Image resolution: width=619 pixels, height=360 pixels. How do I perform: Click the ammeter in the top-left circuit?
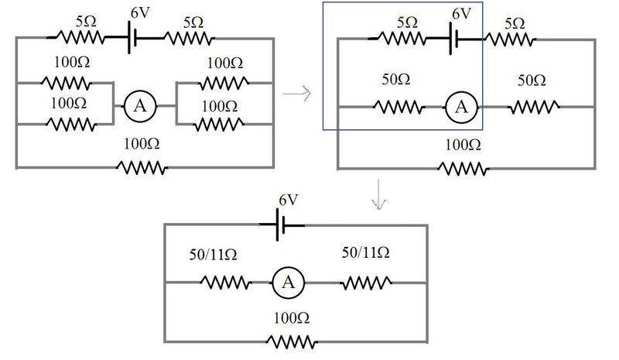click(140, 108)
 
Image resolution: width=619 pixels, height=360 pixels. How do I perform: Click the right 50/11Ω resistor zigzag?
click(364, 283)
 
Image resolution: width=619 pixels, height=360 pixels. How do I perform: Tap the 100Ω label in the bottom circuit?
click(291, 317)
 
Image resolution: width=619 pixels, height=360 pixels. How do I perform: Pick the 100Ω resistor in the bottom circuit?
click(291, 340)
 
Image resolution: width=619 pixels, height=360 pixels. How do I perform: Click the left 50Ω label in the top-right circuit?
click(396, 81)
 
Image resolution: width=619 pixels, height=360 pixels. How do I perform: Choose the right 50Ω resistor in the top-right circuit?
click(533, 108)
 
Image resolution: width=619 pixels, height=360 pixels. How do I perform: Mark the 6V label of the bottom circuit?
click(287, 201)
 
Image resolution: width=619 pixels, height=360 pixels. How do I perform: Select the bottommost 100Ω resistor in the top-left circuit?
click(142, 167)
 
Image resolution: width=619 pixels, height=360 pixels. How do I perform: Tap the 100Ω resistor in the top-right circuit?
click(463, 167)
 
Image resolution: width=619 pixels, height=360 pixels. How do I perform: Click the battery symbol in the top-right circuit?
click(457, 37)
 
